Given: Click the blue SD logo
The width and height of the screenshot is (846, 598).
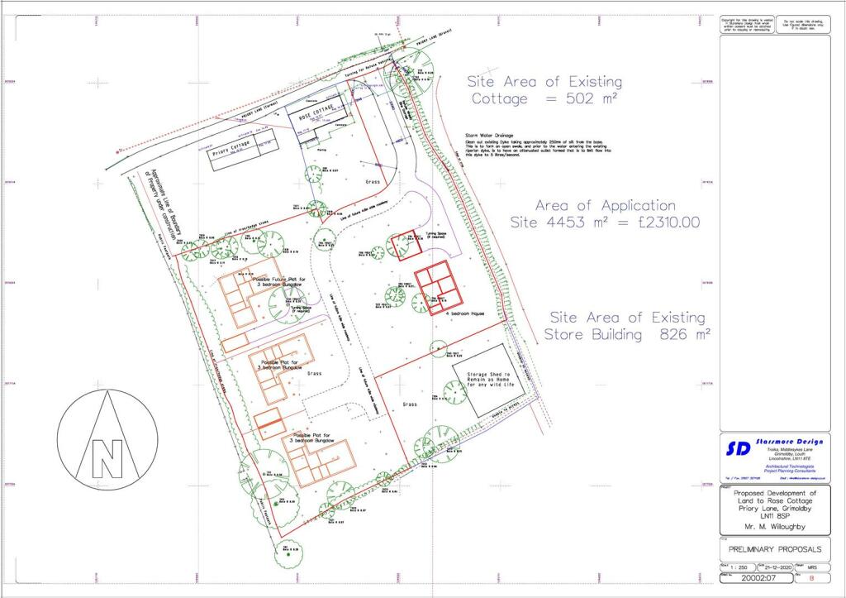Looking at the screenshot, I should point(738,447).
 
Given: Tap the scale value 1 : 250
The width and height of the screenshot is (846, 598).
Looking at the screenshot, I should point(739,567).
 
